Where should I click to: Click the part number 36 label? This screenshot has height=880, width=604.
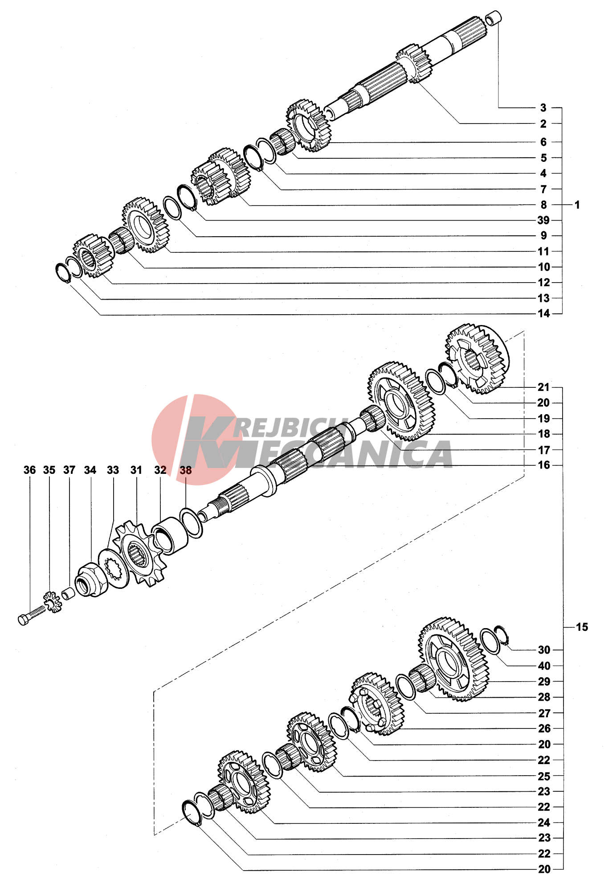pyautogui.click(x=30, y=470)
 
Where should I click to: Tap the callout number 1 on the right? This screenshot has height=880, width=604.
pyautogui.click(x=577, y=205)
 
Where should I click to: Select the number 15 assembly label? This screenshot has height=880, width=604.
pyautogui.click(x=582, y=627)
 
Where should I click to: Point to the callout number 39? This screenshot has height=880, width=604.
pyautogui.click(x=543, y=220)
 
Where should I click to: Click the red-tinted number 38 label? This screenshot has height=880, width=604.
pyautogui.click(x=186, y=470)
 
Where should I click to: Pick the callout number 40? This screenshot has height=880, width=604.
pyautogui.click(x=544, y=666)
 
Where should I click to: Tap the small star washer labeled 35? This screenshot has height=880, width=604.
pyautogui.click(x=53, y=602)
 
